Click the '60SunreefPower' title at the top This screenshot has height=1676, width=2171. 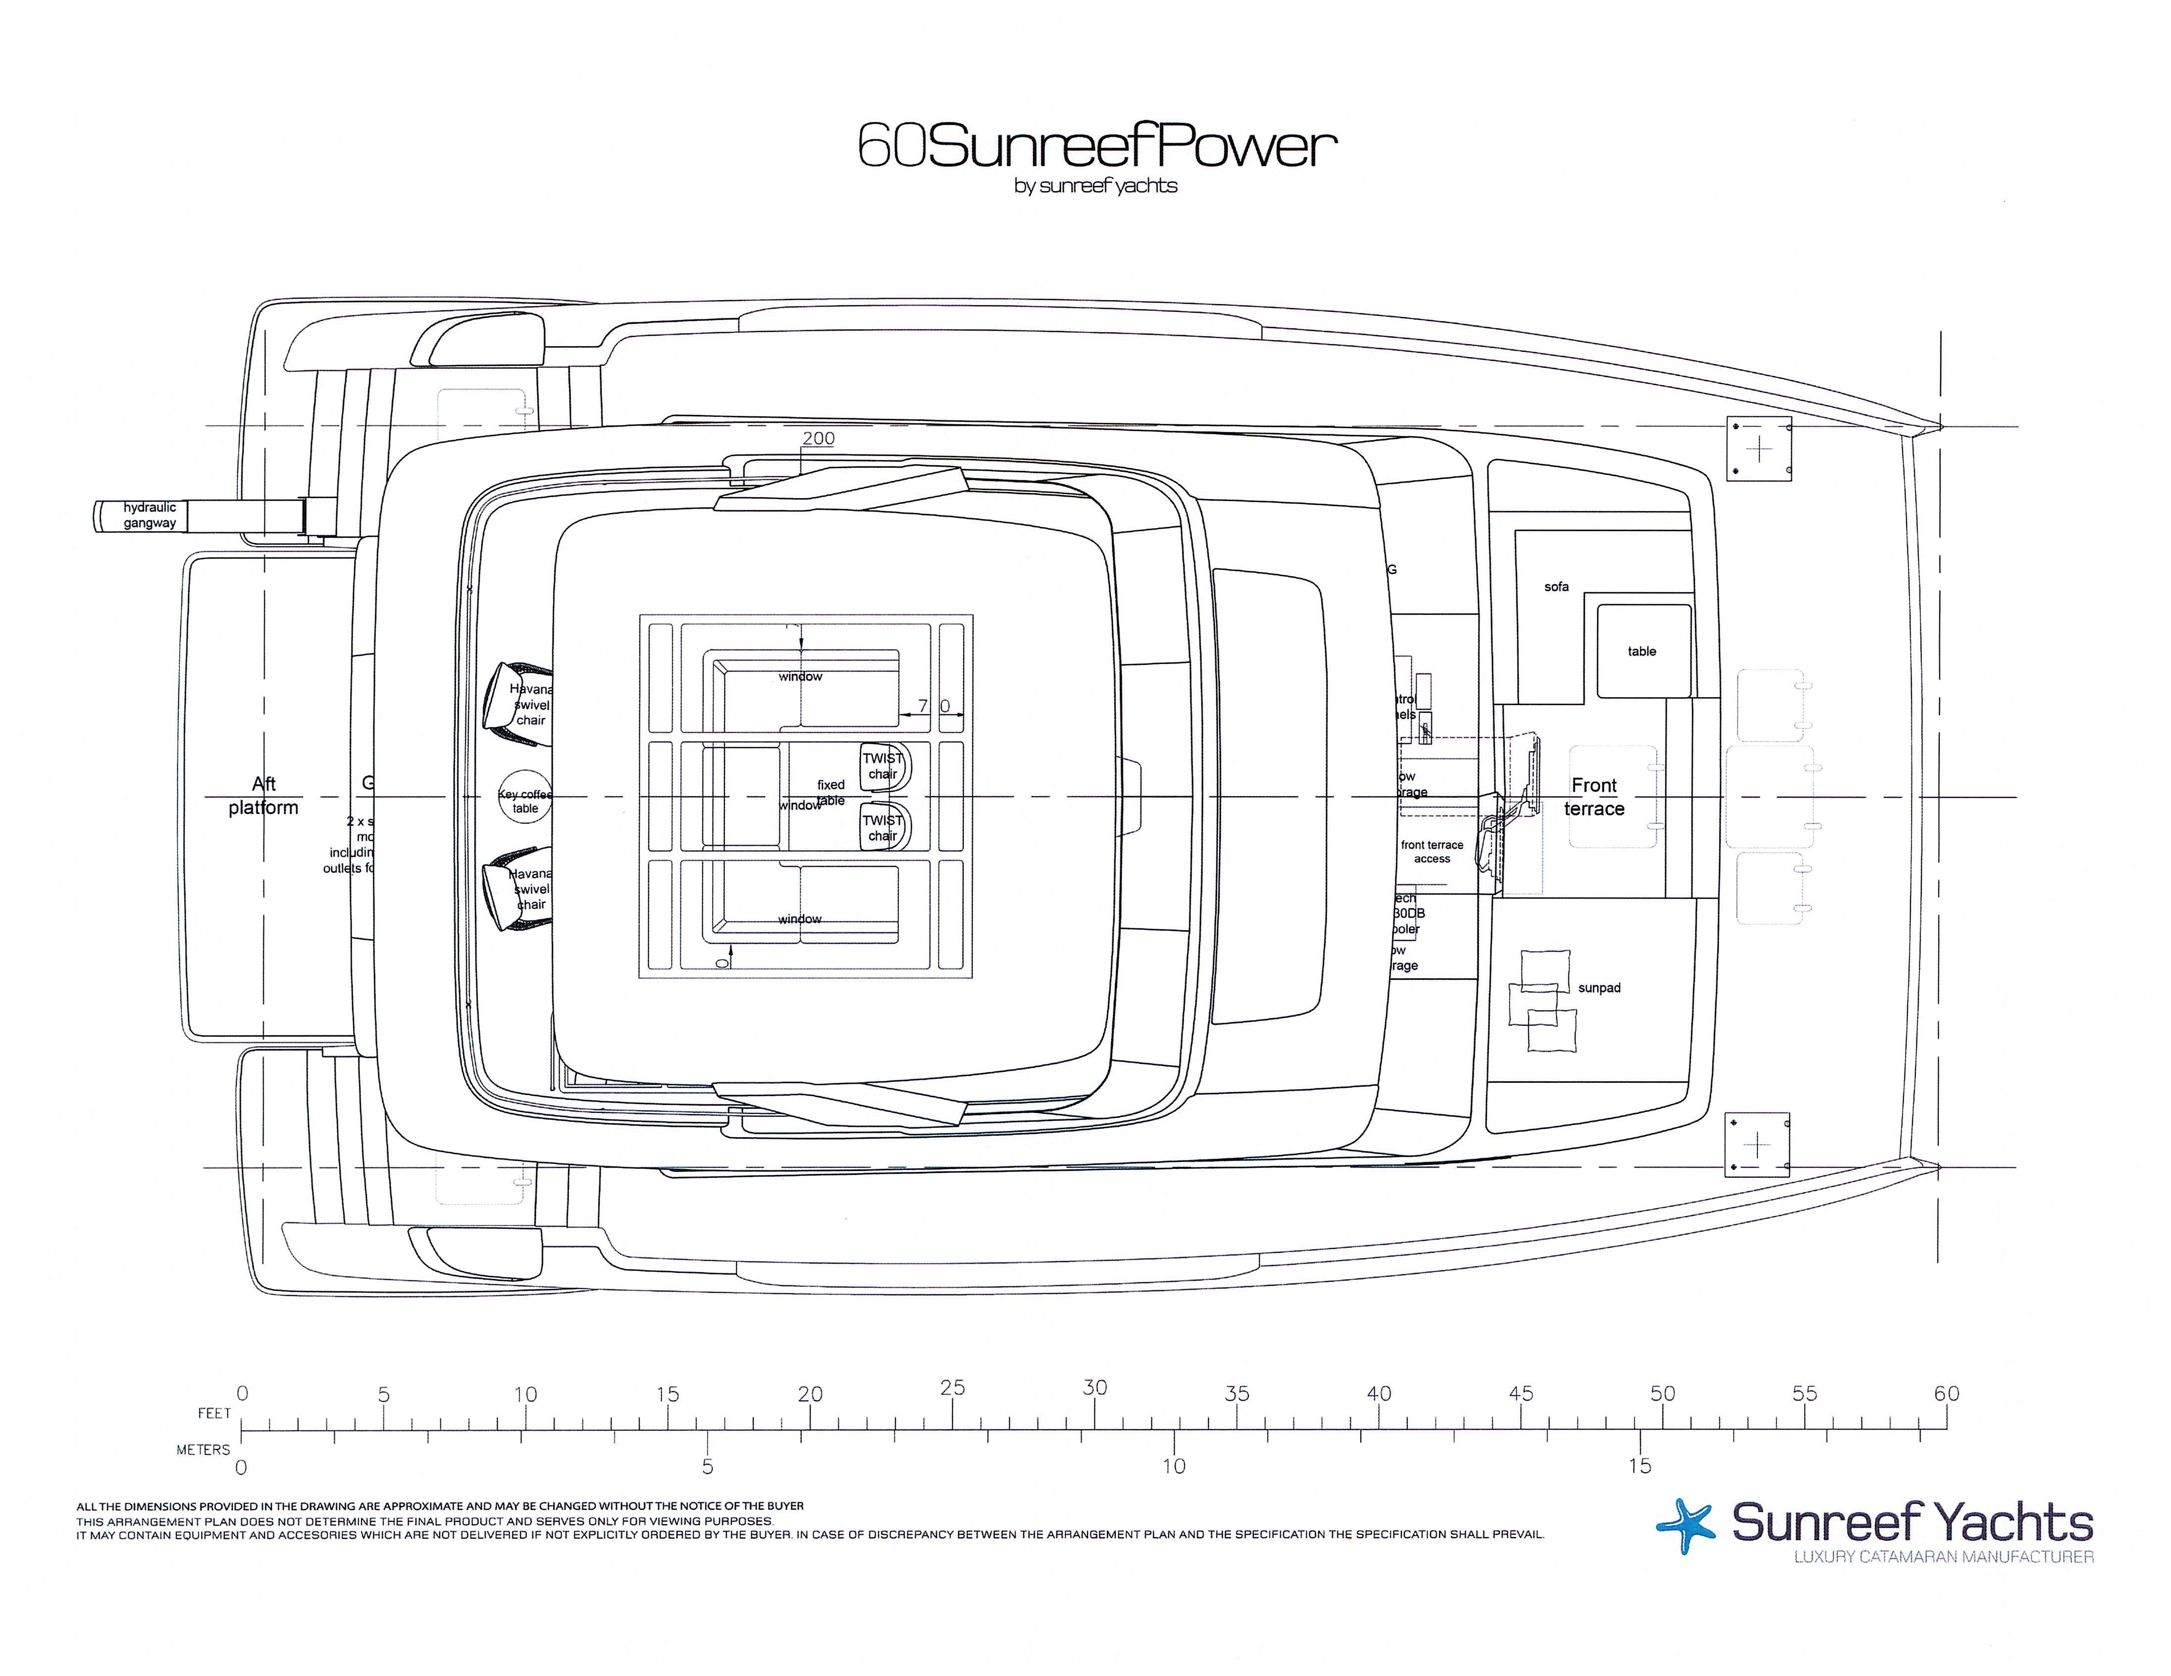pyautogui.click(x=1096, y=147)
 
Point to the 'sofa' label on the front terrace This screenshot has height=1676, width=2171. pyautogui.click(x=1555, y=587)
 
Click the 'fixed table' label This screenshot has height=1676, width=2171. pyautogui.click(x=831, y=792)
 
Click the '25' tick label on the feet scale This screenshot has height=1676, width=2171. pyautogui.click(x=952, y=1388)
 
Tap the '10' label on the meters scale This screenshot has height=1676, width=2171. pyautogui.click(x=1174, y=1466)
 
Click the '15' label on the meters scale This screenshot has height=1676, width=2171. pyautogui.click(x=1639, y=1466)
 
